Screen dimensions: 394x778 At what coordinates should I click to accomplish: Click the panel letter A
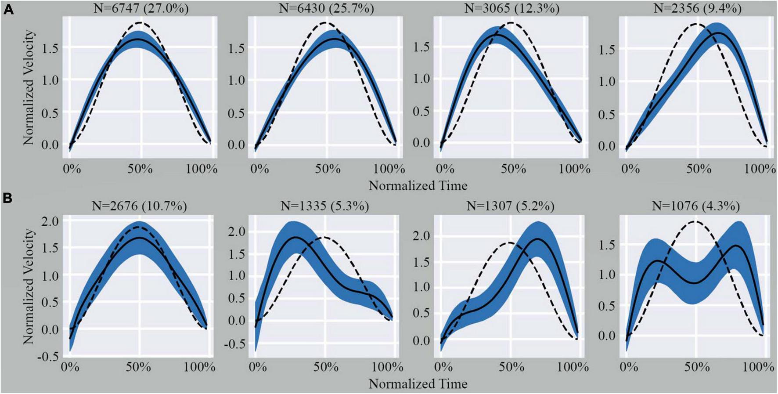coord(8,9)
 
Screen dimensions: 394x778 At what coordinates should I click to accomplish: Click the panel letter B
coord(8,198)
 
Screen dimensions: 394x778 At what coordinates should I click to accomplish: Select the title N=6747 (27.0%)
coord(141,8)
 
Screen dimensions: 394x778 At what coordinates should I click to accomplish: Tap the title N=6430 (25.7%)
coord(327,8)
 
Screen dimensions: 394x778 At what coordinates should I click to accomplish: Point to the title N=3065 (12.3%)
coord(512,8)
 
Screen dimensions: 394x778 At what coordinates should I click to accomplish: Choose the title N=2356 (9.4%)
coord(698,8)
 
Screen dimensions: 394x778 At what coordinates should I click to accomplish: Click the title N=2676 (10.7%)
coord(139,206)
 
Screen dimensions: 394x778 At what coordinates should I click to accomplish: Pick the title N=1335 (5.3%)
coord(325,206)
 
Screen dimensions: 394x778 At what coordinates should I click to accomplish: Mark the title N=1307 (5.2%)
coord(510,206)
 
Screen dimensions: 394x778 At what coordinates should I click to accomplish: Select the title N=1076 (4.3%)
coord(696,206)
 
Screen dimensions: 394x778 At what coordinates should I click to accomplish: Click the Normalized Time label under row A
coord(418,186)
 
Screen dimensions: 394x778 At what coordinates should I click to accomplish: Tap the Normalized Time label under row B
coord(418,384)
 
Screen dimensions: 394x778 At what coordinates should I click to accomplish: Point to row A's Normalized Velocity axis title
coord(29,88)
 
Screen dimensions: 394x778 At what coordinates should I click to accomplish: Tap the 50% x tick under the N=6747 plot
coord(140,169)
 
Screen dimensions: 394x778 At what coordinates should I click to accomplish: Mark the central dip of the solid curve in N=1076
coord(696,283)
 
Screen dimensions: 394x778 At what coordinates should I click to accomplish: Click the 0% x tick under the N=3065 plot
coord(445,169)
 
